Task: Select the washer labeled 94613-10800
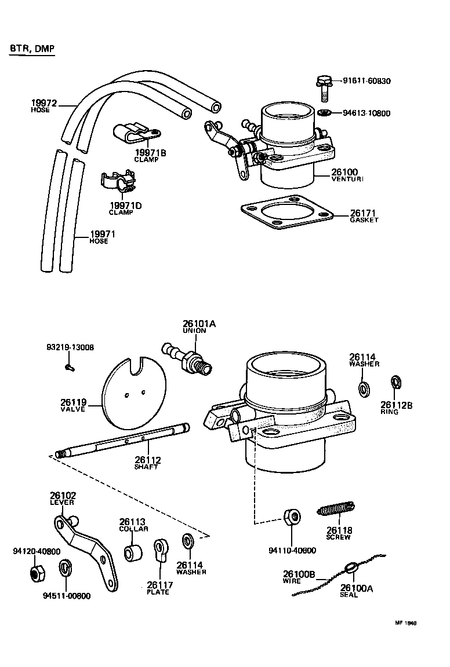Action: click(x=325, y=112)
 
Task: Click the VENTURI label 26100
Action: click(x=344, y=173)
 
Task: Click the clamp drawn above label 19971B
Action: click(x=132, y=134)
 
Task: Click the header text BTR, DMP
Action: click(x=32, y=49)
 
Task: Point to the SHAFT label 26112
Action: click(x=147, y=460)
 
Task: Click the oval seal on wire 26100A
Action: click(x=351, y=569)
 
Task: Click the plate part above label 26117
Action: click(x=161, y=551)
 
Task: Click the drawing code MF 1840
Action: click(x=406, y=624)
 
